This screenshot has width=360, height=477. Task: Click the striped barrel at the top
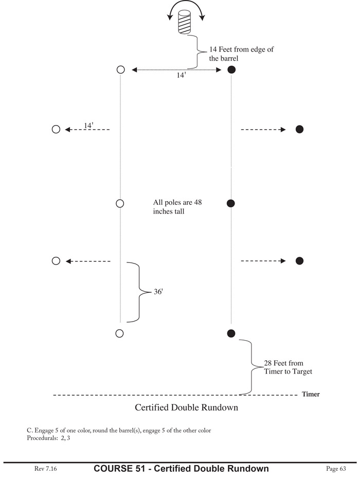tap(184, 23)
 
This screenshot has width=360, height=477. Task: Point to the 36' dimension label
tap(158, 292)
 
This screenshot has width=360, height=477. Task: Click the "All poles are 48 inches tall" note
tap(177, 206)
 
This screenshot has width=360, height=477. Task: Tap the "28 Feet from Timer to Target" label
tap(287, 367)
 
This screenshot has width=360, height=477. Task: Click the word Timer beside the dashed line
tap(311, 395)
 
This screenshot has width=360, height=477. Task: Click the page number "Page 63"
tap(336, 468)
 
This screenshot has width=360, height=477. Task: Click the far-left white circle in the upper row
tap(56, 129)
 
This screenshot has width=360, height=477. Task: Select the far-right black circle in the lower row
tap(300, 261)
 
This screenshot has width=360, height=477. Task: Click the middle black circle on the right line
tap(231, 203)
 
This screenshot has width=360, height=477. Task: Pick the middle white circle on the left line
tap(120, 203)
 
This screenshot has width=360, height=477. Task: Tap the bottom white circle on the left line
tap(120, 333)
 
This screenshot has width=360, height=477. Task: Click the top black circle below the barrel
tap(231, 69)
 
